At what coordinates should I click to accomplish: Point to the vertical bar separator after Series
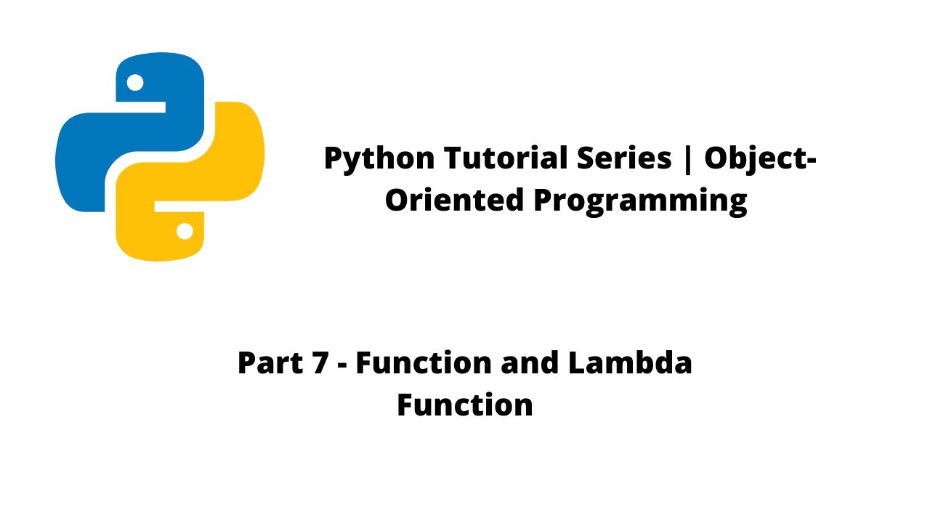click(x=687, y=159)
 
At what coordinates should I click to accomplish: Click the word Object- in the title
click(x=760, y=159)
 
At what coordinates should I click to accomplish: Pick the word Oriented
click(x=453, y=200)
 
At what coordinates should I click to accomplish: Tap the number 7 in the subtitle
click(x=320, y=362)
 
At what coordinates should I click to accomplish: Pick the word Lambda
click(x=630, y=362)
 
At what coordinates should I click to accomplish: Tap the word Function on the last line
click(x=465, y=405)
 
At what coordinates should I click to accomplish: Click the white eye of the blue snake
click(x=135, y=83)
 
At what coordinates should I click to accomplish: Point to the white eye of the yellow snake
click(x=185, y=231)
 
